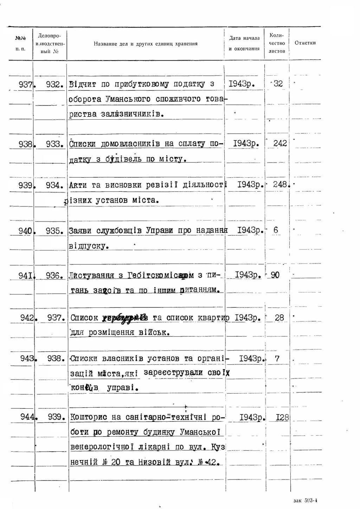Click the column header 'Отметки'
(x=305, y=43)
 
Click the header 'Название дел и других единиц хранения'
(x=146, y=44)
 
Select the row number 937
(x=25, y=84)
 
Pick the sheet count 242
(x=280, y=143)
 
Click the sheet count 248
(x=281, y=184)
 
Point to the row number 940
(x=26, y=231)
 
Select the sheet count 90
(x=275, y=275)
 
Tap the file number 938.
(x=56, y=358)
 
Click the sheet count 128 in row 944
(x=282, y=418)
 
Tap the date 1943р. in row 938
(x=246, y=144)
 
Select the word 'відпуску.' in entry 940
(x=89, y=246)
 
